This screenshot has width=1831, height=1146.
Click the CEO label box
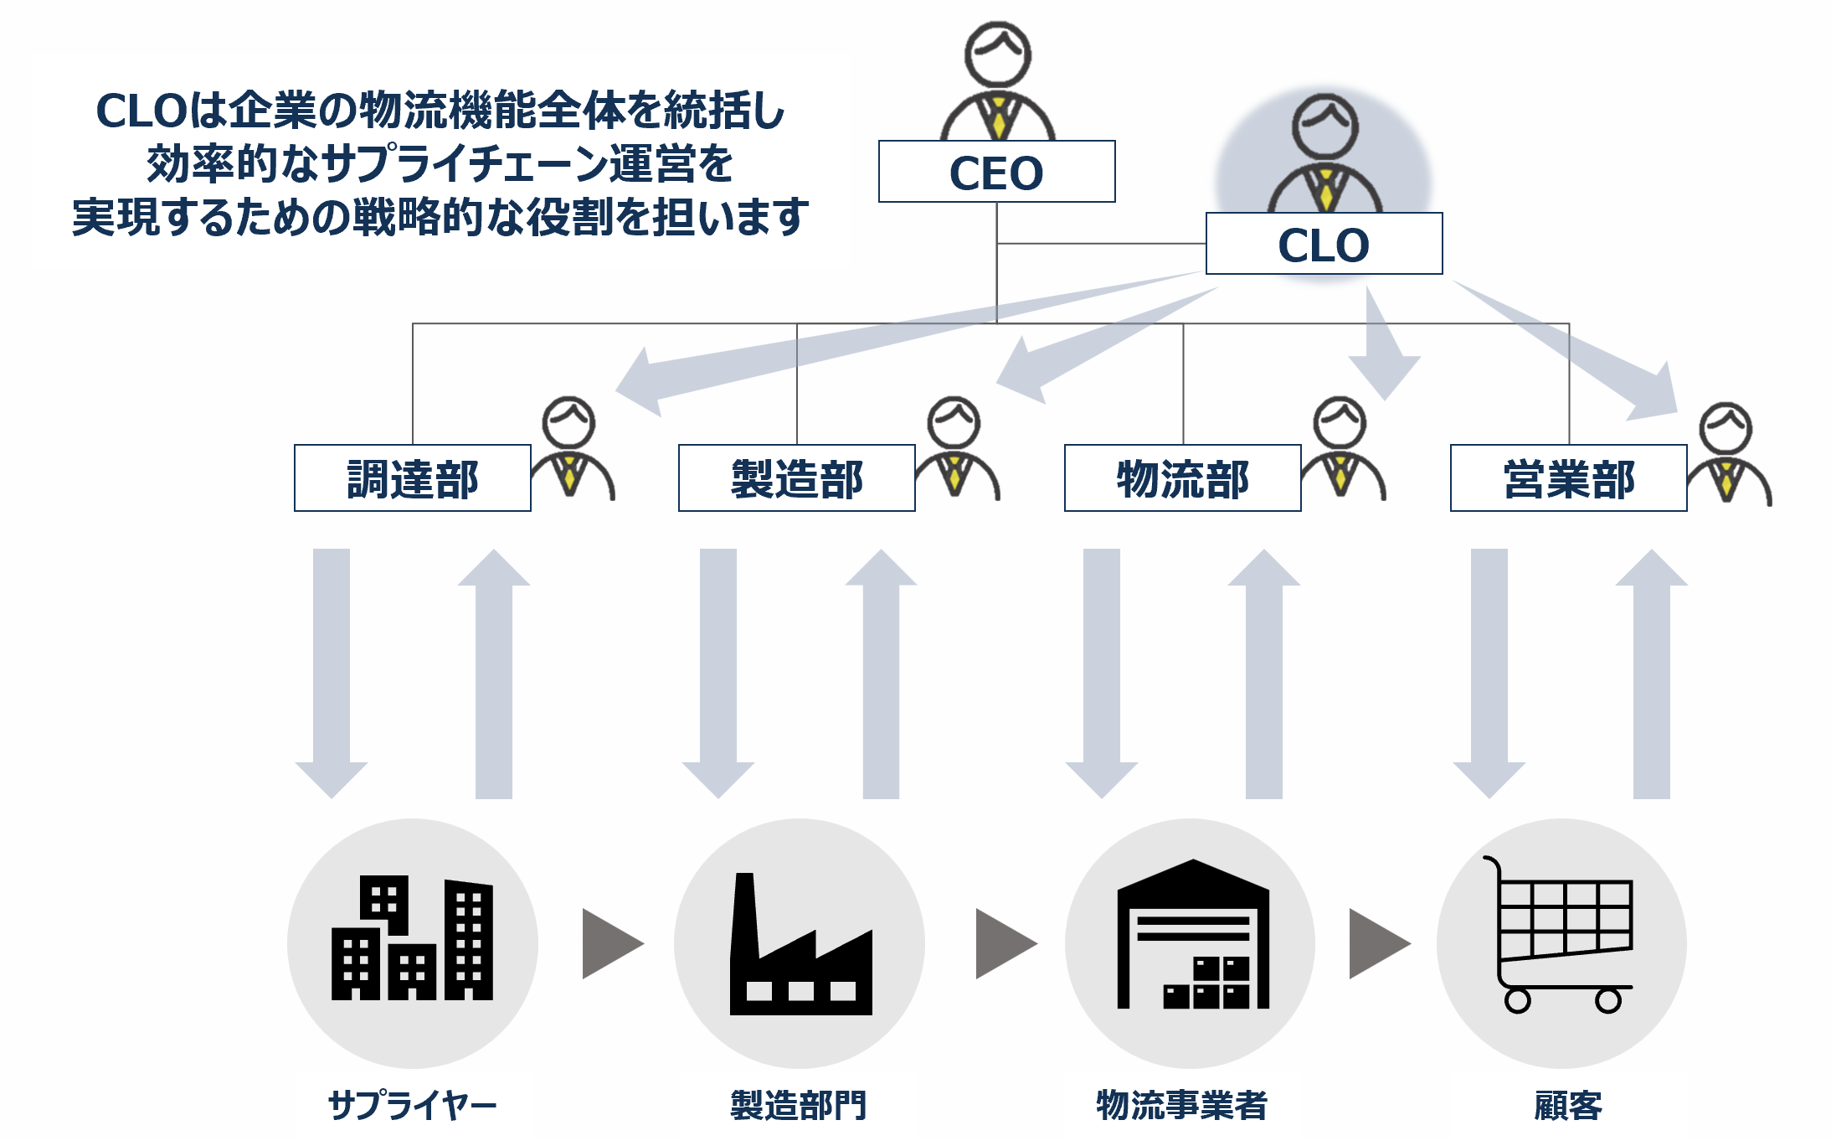(996, 172)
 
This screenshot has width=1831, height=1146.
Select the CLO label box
(1324, 244)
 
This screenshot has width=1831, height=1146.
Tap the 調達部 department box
(412, 478)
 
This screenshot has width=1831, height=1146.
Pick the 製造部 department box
(796, 478)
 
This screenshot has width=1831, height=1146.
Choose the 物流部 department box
(1182, 478)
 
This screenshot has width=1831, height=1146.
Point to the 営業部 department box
(1568, 478)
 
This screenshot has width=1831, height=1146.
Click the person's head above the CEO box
(997, 54)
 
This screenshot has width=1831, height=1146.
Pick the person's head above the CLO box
(1324, 126)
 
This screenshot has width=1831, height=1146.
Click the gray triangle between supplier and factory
(612, 943)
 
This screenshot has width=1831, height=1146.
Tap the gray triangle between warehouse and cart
(1378, 943)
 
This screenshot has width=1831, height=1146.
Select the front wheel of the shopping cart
(1608, 1000)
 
